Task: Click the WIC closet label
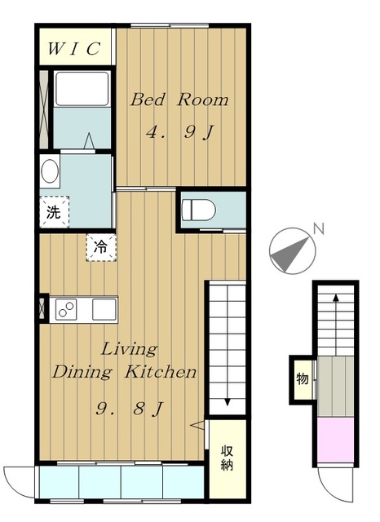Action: pyautogui.click(x=74, y=49)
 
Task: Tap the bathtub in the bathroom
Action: pyautogui.click(x=82, y=89)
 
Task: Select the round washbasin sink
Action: pyautogui.click(x=50, y=171)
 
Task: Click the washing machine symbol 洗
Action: pyautogui.click(x=54, y=212)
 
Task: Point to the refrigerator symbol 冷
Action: pyautogui.click(x=101, y=247)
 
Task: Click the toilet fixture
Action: pyautogui.click(x=199, y=210)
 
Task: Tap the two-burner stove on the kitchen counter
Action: pyautogui.click(x=66, y=310)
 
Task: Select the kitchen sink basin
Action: pyautogui.click(x=104, y=310)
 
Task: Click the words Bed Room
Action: pyautogui.click(x=179, y=100)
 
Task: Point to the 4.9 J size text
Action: pyautogui.click(x=179, y=132)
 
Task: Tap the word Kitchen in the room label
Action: pyautogui.click(x=161, y=372)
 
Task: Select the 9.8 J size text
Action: pyautogui.click(x=130, y=408)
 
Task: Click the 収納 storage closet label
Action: pyautogui.click(x=228, y=458)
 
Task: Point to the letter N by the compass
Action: pyautogui.click(x=319, y=228)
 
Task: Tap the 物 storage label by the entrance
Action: pyautogui.click(x=303, y=378)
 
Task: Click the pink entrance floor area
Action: pyautogui.click(x=335, y=440)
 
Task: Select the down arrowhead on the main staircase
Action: pyautogui.click(x=228, y=402)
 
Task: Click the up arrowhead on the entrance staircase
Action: pyautogui.click(x=336, y=298)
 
